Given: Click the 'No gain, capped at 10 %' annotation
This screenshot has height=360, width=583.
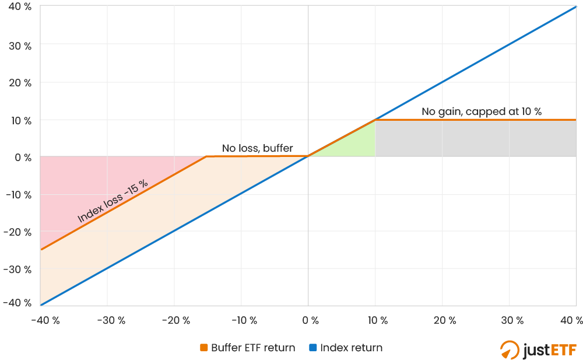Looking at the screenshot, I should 482,111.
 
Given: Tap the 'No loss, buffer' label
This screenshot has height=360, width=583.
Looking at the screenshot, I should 257,148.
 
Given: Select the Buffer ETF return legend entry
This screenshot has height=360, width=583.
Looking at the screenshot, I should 247,348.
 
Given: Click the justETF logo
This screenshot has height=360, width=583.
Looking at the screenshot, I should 538,349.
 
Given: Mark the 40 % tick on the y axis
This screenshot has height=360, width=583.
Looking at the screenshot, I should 19,7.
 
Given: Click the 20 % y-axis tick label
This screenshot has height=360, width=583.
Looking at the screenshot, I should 19,82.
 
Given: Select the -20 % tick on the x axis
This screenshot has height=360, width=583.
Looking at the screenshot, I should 174,320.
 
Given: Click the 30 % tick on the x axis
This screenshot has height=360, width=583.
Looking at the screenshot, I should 509,320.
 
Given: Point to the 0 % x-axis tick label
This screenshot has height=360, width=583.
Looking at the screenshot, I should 308,320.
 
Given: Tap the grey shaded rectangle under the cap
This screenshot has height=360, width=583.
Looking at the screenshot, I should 475,138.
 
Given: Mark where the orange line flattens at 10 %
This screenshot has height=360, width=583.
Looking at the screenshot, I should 375,120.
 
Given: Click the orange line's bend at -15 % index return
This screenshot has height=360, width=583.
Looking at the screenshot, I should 207,156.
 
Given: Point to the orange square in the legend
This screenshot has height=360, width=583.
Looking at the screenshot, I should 203,348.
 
